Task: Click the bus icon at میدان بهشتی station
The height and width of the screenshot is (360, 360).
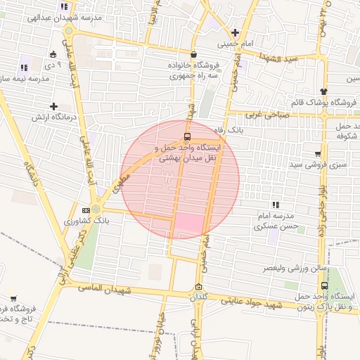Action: point(187,136)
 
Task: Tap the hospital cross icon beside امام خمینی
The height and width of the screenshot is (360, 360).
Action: point(235,32)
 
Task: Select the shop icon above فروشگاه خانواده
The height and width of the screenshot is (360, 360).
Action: point(193,53)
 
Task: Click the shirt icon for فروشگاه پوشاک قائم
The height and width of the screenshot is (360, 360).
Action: point(323,91)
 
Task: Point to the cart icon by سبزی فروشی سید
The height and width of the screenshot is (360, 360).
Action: point(318,154)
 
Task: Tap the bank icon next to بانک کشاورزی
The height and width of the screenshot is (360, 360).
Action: point(86,210)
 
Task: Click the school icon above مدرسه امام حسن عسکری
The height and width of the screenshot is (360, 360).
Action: point(276,205)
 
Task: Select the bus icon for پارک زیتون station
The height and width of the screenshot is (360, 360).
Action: point(324,286)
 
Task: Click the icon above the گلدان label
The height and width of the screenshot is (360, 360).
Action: point(199,286)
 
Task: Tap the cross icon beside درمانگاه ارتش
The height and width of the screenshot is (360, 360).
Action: point(53,106)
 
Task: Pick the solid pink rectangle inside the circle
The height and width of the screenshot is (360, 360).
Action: point(188,223)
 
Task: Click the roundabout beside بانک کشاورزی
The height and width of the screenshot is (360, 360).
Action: point(96,209)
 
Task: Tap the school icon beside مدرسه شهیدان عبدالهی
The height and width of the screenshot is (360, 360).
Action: point(65,6)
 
